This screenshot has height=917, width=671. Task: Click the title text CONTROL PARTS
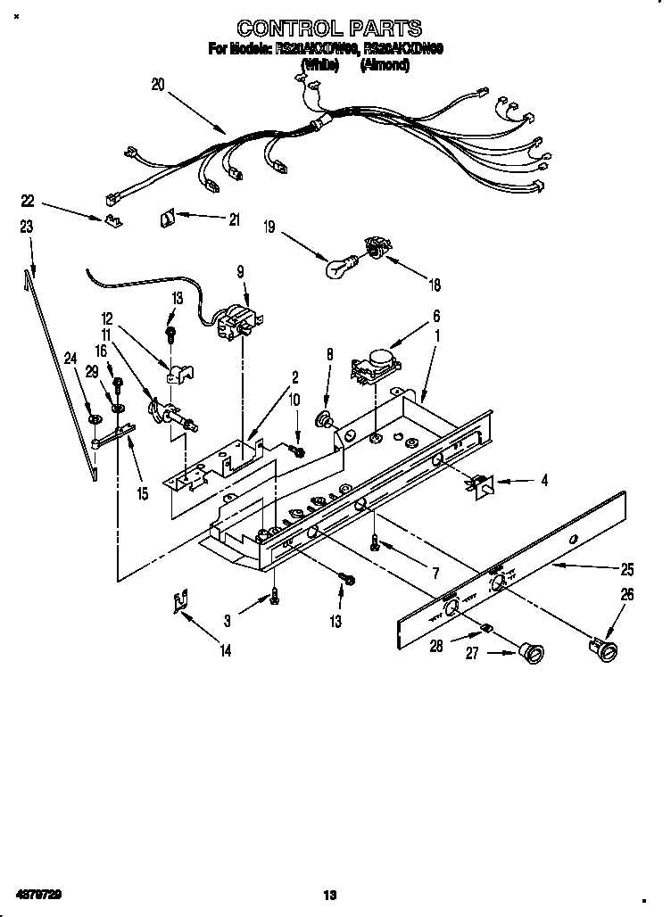pyautogui.click(x=329, y=29)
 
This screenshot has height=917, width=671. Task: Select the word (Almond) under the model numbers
pyautogui.click(x=385, y=65)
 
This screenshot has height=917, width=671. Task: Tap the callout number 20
pyautogui.click(x=158, y=85)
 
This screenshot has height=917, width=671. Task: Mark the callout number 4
pyautogui.click(x=544, y=480)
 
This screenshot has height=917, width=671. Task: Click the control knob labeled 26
pyautogui.click(x=602, y=648)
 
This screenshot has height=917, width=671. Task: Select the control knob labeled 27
pyautogui.click(x=532, y=654)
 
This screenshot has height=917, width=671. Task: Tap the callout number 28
pyautogui.click(x=437, y=647)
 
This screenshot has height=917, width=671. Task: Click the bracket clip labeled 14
pyautogui.click(x=181, y=604)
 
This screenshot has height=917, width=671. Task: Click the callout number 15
pyautogui.click(x=143, y=492)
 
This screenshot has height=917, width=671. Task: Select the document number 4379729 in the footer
pyautogui.click(x=37, y=894)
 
